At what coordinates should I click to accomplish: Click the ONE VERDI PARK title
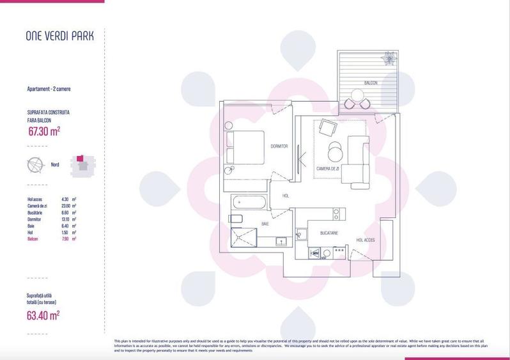pos(59,36)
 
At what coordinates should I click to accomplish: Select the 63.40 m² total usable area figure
pos(44,315)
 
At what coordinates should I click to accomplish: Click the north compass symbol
pos(35,164)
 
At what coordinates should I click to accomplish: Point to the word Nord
pos(55,164)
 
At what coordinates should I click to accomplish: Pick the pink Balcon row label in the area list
pos(32,239)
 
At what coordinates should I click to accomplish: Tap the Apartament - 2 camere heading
pos(53,89)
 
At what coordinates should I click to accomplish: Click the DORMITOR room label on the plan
pos(279,146)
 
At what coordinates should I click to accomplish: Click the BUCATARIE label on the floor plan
pos(328,233)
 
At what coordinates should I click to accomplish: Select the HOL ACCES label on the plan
pos(366,240)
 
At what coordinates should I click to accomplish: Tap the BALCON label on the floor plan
pos(371,83)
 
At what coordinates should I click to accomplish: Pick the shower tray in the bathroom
pos(245,240)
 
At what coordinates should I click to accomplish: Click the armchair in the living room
pos(327,129)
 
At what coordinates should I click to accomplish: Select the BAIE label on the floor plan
pos(265,224)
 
